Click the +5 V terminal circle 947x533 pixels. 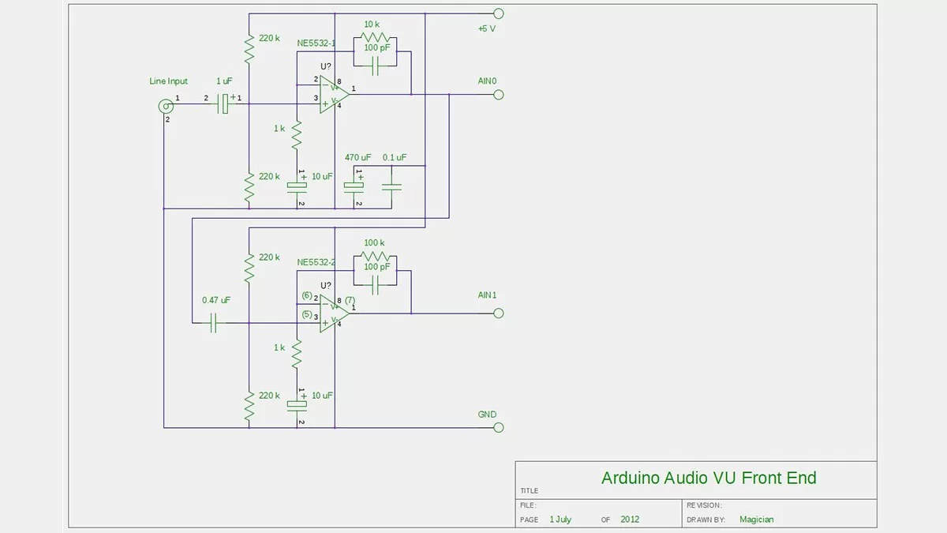[498, 13]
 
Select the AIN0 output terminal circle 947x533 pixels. [498, 95]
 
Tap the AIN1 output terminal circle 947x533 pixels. [498, 313]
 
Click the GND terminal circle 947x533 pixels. [498, 427]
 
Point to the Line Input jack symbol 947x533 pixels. [166, 105]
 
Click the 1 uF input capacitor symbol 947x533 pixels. [224, 103]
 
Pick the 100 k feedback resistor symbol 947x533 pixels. [375, 258]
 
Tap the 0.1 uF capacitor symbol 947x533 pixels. [391, 186]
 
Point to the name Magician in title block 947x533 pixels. [756, 520]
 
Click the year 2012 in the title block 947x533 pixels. [630, 520]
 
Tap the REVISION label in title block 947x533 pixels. [704, 505]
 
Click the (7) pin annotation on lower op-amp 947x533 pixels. [350, 300]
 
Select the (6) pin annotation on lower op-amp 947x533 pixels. [307, 295]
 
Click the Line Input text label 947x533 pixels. [169, 81]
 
